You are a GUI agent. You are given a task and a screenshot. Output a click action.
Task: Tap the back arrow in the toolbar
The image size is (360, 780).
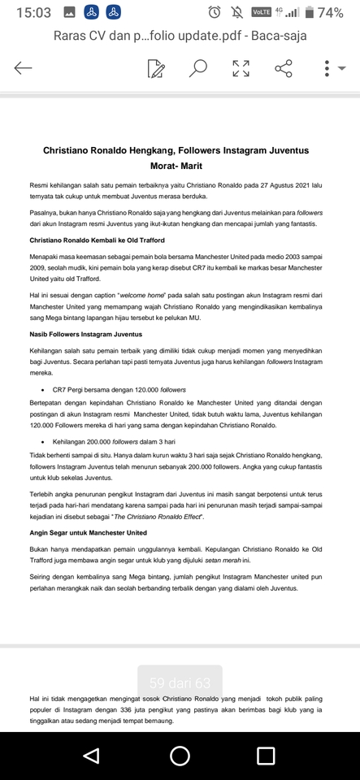click(23, 68)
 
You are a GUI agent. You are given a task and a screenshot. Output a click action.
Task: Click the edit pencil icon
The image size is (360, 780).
click(156, 68)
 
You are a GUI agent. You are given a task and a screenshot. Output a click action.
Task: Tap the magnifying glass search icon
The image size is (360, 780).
click(197, 68)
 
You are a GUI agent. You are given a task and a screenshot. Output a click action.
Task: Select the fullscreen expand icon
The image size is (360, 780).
click(241, 68)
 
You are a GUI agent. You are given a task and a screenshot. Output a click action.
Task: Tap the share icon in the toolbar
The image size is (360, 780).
click(284, 68)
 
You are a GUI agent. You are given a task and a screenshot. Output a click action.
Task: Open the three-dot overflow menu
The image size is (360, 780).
click(327, 68)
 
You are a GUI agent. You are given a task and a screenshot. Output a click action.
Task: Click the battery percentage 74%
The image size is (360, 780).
click(330, 12)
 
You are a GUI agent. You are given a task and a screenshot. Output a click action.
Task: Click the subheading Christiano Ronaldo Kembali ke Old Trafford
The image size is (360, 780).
click(97, 240)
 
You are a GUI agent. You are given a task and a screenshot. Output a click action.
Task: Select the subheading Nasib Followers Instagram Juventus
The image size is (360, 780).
click(86, 334)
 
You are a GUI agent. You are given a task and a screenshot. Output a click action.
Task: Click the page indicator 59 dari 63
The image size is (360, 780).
click(180, 682)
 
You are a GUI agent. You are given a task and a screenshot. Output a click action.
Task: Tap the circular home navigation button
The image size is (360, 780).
click(180, 756)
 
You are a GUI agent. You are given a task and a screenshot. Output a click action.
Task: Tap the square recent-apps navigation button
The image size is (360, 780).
click(266, 756)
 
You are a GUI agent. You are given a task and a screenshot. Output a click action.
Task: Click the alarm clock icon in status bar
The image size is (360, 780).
click(215, 12)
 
